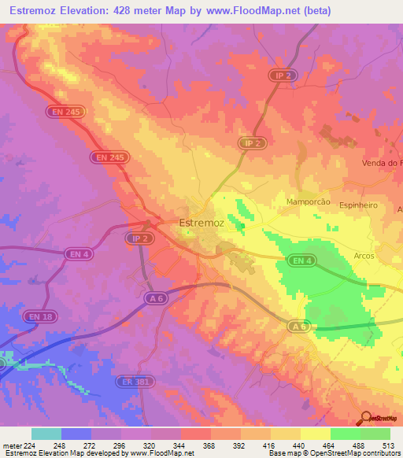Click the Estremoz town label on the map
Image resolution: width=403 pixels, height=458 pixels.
202,223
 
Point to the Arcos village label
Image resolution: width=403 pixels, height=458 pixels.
364,256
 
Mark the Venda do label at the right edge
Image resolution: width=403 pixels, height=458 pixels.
383,163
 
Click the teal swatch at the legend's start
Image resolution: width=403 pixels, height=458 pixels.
46,434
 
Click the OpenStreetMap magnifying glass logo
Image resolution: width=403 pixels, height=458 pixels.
364,418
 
